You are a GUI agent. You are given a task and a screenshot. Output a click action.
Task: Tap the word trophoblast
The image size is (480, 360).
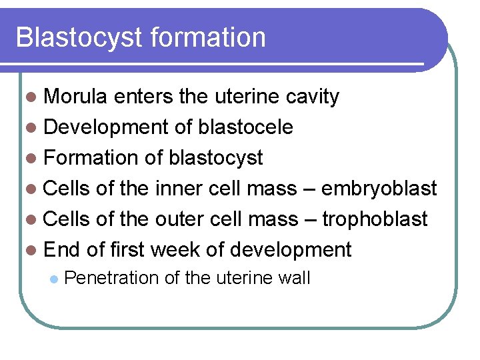pos(375,219)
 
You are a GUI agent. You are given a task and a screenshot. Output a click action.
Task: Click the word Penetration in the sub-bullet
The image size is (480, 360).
pos(111,277)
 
